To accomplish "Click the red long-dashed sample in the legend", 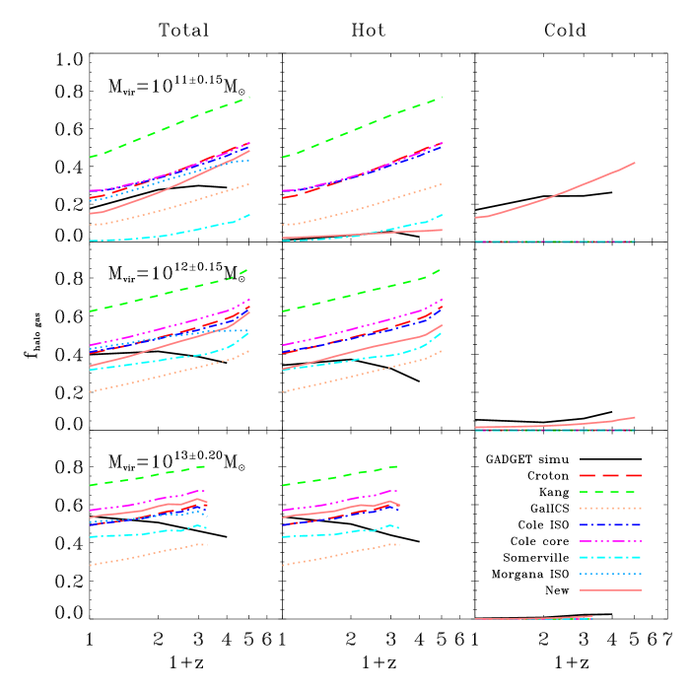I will tap(611, 475).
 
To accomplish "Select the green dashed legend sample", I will tap(611, 491).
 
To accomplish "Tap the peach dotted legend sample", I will tap(611, 508).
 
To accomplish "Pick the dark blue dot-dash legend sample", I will tap(611, 524).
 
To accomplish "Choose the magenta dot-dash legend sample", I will tap(611, 541).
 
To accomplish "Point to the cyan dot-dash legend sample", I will tap(611, 557).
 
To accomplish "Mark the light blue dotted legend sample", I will tap(611, 574).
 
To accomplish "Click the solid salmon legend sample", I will tap(611, 590).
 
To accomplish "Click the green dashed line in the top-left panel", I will tap(168, 127).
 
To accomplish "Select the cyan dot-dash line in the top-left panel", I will tap(168, 236).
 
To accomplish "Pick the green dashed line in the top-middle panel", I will tap(361, 127).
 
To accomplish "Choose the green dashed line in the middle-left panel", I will tap(168, 293).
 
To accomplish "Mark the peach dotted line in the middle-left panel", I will tap(168, 374).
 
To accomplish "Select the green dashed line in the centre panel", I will tap(361, 293).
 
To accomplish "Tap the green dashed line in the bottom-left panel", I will tap(148, 476).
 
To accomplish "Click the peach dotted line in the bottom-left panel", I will tap(148, 555).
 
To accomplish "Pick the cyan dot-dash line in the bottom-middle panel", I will tap(341, 533).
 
